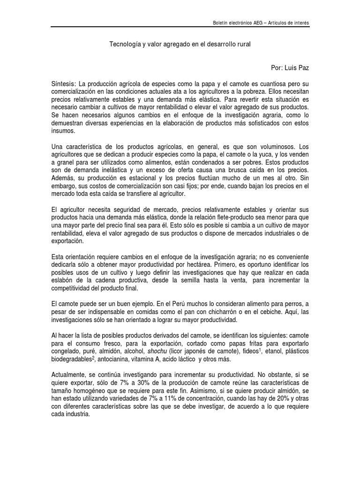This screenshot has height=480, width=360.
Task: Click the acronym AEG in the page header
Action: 254,23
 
